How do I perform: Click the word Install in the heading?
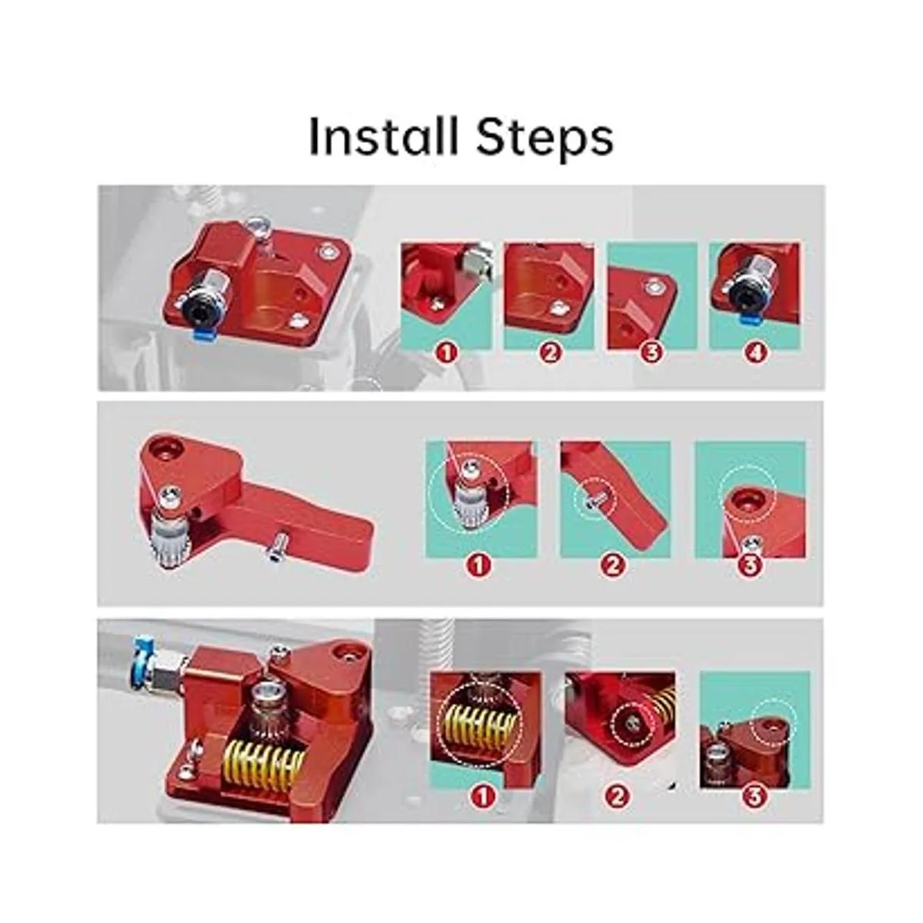pyautogui.click(x=383, y=136)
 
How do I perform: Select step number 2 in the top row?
pyautogui.click(x=550, y=354)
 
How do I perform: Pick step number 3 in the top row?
pyautogui.click(x=653, y=354)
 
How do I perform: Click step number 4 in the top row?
pyautogui.click(x=756, y=354)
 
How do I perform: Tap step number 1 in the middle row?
pyautogui.click(x=479, y=565)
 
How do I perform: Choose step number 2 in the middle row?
pyautogui.click(x=615, y=565)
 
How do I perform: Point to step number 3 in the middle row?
pyautogui.click(x=751, y=565)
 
